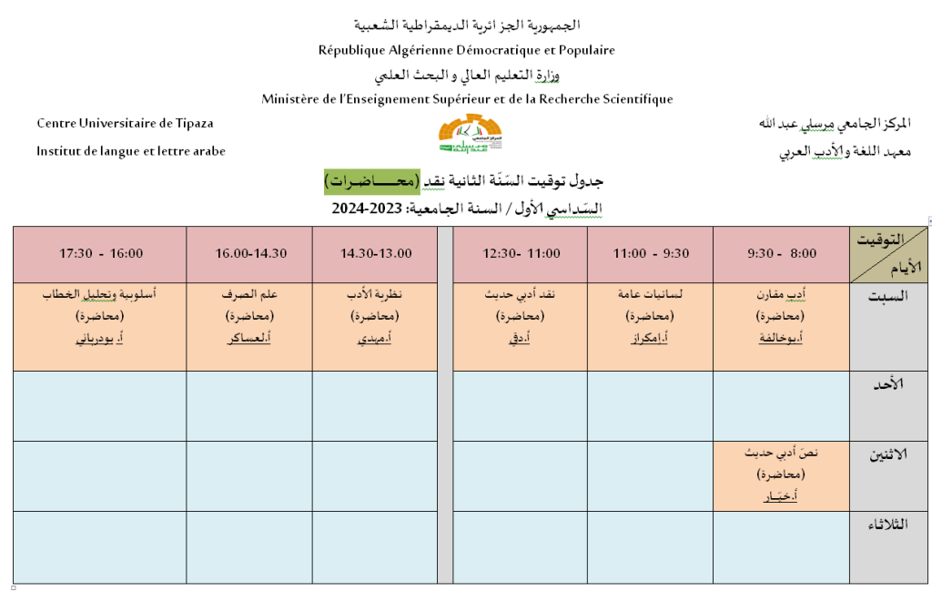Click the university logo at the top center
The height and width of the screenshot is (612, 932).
coord(466,135)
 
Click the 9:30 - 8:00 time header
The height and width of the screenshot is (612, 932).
coord(781,254)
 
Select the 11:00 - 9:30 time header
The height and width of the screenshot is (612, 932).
coord(649,254)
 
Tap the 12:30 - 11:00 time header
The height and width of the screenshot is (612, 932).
coord(520,254)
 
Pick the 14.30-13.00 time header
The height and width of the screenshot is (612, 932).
coord(375,254)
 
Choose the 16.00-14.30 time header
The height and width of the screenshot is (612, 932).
coord(248,254)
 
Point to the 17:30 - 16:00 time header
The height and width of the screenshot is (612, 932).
coord(101,254)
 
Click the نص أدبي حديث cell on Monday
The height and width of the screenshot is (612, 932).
coord(781,474)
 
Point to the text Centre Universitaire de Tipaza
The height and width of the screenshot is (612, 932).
coord(125,123)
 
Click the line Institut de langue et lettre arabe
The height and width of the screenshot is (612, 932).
coord(130,151)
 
